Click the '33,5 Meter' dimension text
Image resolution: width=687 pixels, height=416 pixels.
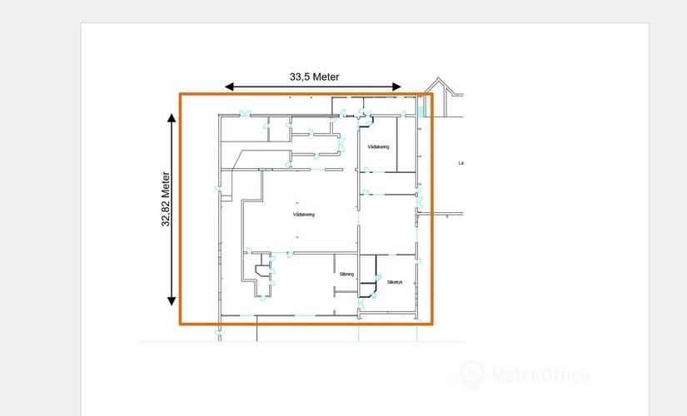point(314,77)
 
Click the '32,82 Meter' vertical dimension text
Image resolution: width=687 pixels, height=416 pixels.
point(166,200)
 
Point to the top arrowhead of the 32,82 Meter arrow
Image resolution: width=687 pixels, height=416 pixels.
point(172,118)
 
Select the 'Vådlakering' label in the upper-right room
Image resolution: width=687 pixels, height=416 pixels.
point(378,146)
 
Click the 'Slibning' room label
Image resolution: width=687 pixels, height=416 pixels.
point(346,274)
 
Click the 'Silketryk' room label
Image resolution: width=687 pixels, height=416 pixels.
point(395,282)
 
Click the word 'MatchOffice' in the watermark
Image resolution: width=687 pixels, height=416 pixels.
point(541,376)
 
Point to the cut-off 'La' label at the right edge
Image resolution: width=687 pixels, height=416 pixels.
point(460,163)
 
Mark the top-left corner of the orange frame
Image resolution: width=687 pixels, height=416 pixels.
point(181,94)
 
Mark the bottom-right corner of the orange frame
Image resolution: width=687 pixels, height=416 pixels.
point(431,324)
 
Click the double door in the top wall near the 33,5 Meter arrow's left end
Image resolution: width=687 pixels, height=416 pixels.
point(244,114)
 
